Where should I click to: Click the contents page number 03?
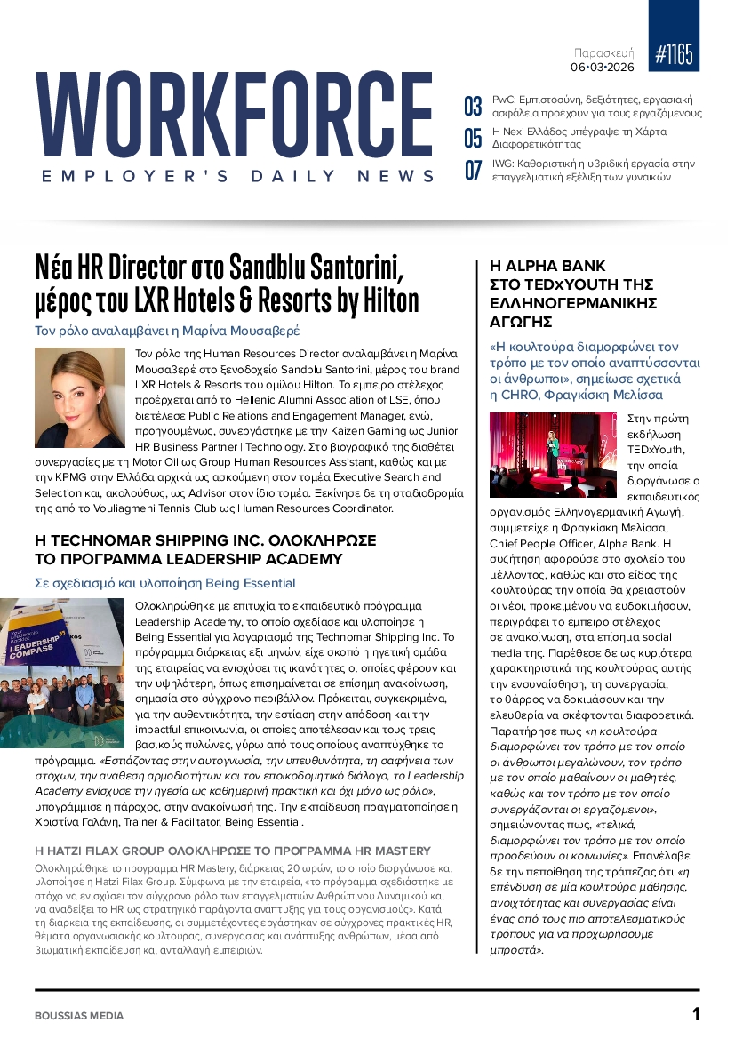point(474,108)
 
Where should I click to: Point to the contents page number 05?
point(474,139)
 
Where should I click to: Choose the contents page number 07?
point(474,170)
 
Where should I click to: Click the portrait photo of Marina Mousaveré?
point(80,397)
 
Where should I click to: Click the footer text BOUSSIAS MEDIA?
point(80,1015)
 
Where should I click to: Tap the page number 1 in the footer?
point(696,1014)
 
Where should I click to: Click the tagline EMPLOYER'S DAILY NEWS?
point(238,177)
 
